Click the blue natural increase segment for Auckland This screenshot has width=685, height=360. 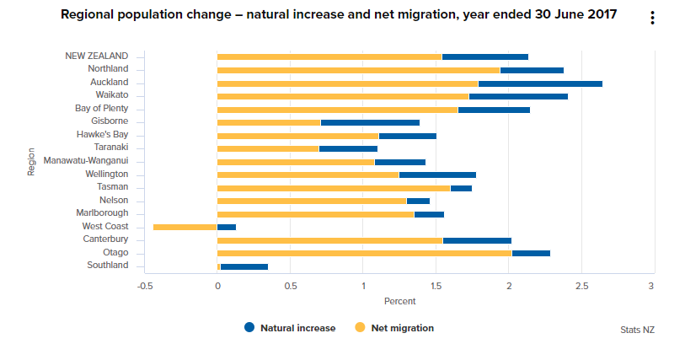(x=540, y=83)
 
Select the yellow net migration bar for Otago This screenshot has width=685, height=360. (x=364, y=253)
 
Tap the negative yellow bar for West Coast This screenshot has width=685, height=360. (x=185, y=227)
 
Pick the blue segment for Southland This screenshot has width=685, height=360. (x=244, y=266)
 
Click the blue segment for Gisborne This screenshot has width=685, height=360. (x=370, y=122)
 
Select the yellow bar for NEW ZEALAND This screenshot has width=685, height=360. (x=329, y=56)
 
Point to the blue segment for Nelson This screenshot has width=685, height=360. (x=418, y=201)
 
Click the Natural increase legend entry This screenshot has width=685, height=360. (x=289, y=328)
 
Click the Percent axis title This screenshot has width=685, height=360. (x=399, y=301)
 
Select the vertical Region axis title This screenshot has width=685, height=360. (x=31, y=162)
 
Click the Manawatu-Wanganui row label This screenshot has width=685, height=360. (x=86, y=161)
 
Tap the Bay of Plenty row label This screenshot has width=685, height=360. (x=101, y=109)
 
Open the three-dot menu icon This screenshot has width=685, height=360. (x=652, y=19)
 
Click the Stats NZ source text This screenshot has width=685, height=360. (x=637, y=330)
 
